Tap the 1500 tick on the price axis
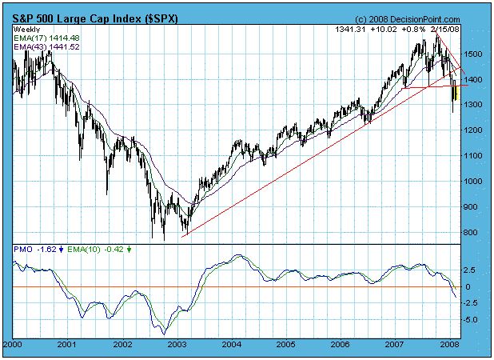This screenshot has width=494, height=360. (473, 54)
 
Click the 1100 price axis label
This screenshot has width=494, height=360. (473, 156)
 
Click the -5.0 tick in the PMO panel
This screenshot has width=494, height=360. (472, 320)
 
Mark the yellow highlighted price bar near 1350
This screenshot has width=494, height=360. (453, 92)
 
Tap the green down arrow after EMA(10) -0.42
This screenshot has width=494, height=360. (130, 250)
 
